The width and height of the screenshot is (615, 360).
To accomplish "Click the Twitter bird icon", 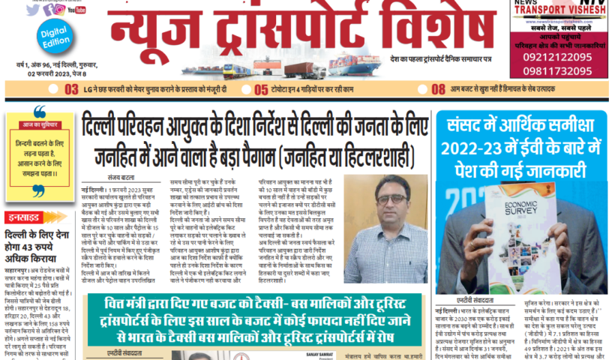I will point(32,10).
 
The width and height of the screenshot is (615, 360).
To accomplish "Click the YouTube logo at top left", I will point(76,10).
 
